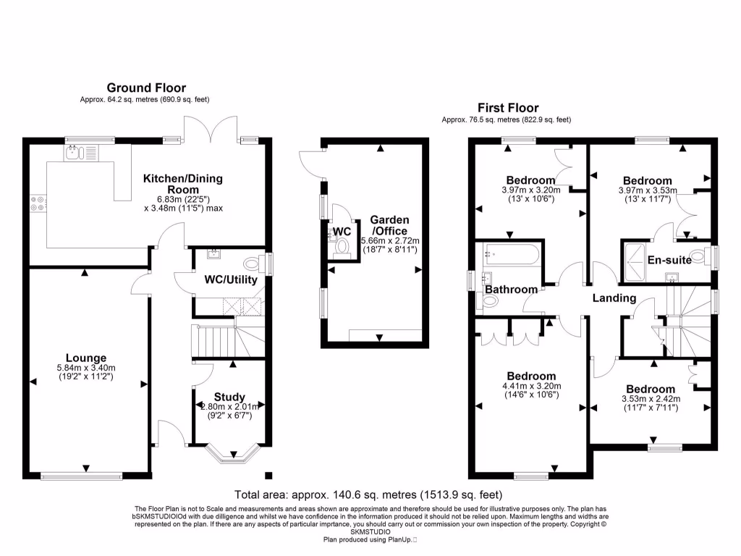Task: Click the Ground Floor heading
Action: tap(146, 88)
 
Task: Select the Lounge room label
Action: tap(86, 358)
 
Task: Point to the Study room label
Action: tap(229, 397)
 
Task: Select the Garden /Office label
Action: tap(389, 224)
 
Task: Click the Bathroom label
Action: tap(511, 290)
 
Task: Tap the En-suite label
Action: tap(669, 260)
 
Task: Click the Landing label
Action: tap(614, 298)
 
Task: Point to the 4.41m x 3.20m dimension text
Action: tap(532, 387)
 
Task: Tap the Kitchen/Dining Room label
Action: tap(183, 184)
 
